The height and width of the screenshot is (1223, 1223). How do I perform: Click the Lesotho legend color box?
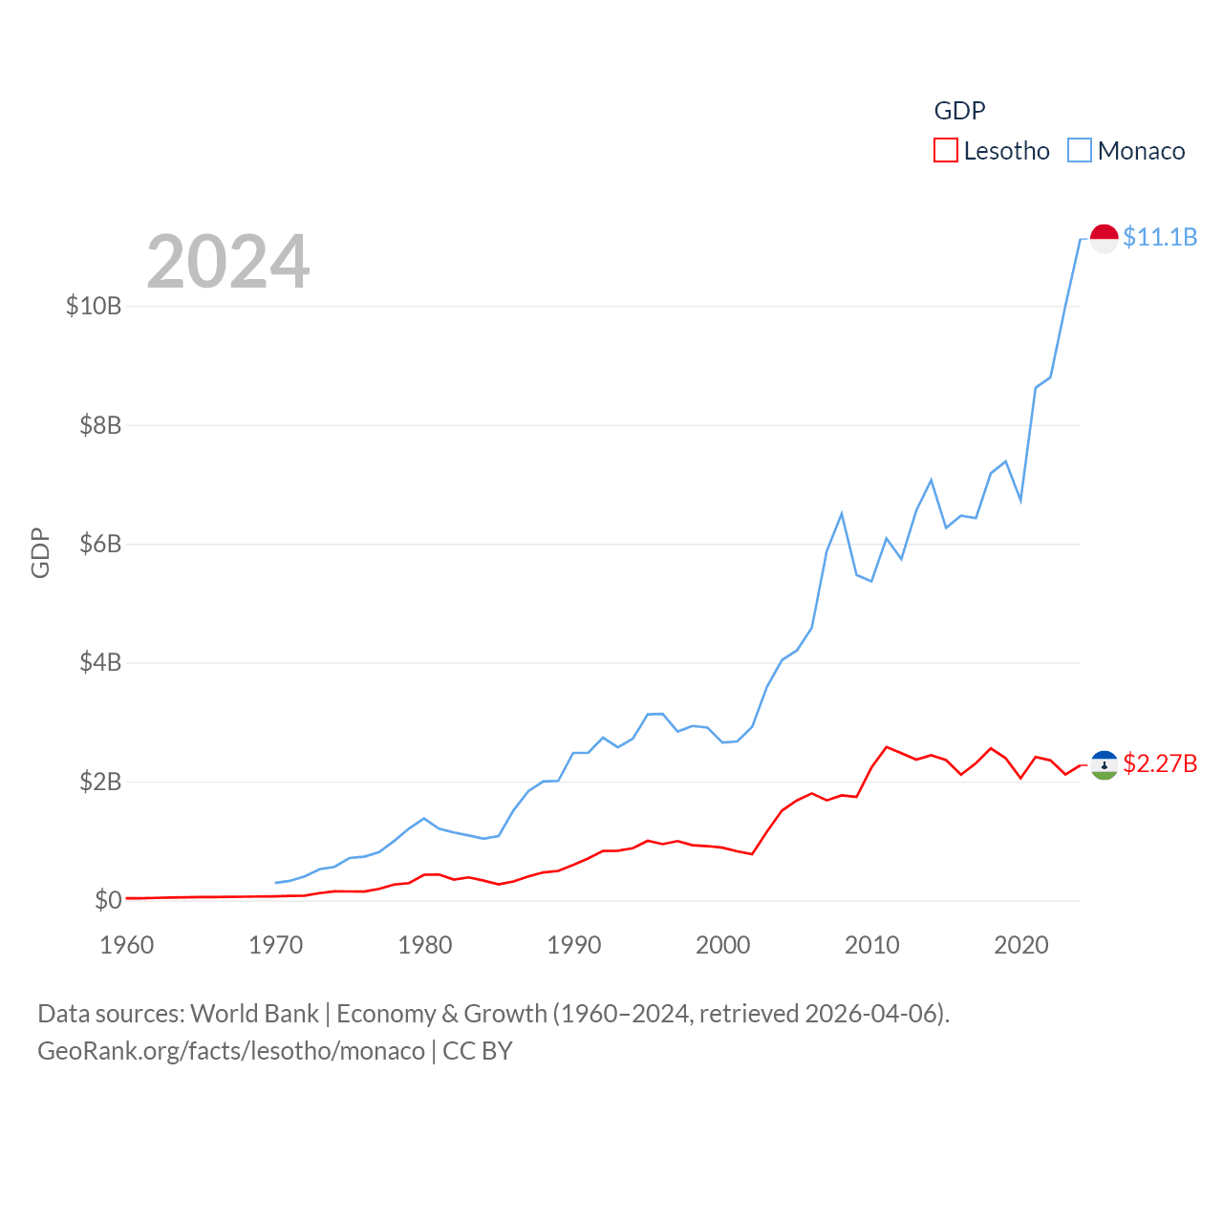tap(945, 151)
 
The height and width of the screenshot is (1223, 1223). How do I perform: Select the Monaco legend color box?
tap(1080, 151)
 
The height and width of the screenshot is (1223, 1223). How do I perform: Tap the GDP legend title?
tap(959, 111)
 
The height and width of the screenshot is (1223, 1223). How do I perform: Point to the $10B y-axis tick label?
tap(94, 306)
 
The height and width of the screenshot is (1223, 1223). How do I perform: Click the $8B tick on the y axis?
tap(100, 425)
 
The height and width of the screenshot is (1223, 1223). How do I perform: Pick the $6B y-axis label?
tap(100, 544)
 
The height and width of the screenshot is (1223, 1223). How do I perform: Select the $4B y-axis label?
tap(100, 662)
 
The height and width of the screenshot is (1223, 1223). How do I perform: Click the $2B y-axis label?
tap(100, 782)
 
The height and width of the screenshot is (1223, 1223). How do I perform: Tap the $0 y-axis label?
tap(108, 900)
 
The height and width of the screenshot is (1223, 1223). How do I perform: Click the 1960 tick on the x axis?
tap(127, 945)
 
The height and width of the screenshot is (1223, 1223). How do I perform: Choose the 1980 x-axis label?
tap(425, 945)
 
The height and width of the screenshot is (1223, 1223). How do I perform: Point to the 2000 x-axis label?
tap(723, 945)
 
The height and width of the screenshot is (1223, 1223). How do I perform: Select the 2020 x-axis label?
tap(1021, 945)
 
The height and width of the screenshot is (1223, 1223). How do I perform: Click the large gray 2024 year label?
tap(228, 262)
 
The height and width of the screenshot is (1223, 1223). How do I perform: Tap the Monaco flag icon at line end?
tap(1105, 238)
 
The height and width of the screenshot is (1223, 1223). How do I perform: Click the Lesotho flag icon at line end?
tap(1105, 764)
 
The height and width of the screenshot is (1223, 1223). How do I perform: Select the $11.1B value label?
tap(1160, 237)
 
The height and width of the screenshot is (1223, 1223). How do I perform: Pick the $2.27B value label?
tap(1160, 763)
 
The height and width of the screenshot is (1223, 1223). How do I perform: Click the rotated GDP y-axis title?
tap(40, 552)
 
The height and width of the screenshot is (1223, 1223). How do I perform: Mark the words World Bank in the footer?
tap(254, 1013)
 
